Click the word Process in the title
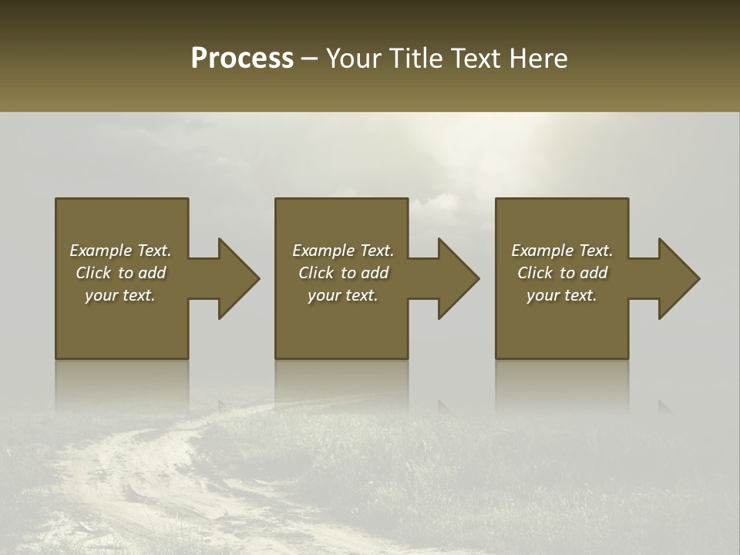coord(242,59)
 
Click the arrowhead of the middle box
coord(458,278)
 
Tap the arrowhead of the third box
coord(678,278)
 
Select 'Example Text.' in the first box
coord(120,251)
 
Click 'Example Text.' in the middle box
coord(343,251)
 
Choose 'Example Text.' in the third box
coord(562,251)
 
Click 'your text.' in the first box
coord(120,295)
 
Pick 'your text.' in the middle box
coord(343,295)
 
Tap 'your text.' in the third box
coord(562,295)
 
